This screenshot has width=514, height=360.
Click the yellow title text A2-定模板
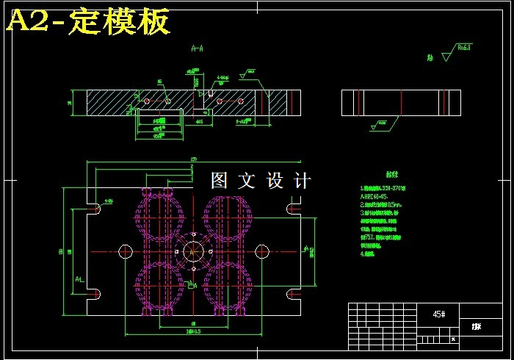88,22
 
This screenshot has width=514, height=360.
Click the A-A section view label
197,49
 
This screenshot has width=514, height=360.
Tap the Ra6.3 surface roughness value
464,48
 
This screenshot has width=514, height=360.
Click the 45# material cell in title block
438,314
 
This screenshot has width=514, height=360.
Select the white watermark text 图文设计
261,181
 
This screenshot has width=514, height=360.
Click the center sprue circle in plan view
193,251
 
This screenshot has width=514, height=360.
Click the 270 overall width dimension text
194,159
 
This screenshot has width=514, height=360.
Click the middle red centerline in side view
402,103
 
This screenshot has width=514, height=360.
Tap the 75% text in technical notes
366,237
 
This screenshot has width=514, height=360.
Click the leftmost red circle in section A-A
147,99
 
